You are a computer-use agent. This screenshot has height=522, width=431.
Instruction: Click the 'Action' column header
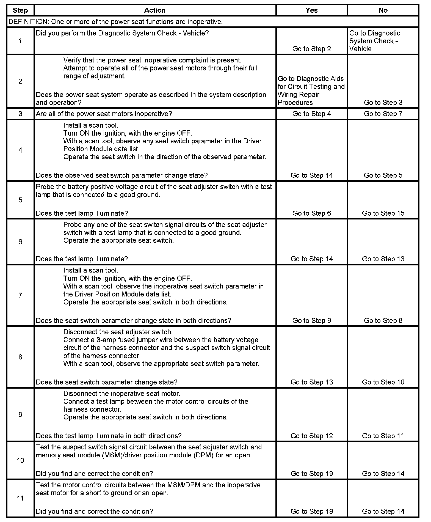click(155, 10)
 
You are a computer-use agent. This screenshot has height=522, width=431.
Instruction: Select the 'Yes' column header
click(311, 10)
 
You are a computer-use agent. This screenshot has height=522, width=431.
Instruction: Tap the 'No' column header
click(383, 10)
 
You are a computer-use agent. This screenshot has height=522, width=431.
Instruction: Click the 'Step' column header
click(20, 10)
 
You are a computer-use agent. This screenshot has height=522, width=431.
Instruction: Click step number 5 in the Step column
click(20, 200)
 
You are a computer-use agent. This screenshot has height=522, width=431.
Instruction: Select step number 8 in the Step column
click(20, 357)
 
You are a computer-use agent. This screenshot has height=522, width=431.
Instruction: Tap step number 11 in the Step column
click(20, 498)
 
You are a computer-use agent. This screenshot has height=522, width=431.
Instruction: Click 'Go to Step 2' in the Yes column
click(311, 49)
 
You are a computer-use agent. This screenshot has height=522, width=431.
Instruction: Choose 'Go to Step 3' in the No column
click(383, 103)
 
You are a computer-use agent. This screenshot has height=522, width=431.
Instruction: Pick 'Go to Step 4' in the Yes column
click(311, 114)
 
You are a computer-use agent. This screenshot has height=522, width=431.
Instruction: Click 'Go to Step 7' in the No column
click(383, 114)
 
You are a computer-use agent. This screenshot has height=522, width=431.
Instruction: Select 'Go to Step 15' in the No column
click(383, 213)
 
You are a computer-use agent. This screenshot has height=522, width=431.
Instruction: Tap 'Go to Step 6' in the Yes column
click(311, 213)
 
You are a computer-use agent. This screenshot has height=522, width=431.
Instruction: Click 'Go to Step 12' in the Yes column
click(311, 436)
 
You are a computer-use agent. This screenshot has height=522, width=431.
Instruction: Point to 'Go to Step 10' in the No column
click(383, 382)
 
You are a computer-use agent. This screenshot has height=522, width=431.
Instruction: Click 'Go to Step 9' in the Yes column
click(311, 321)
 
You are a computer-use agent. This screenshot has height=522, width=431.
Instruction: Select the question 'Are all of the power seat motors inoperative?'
click(104, 114)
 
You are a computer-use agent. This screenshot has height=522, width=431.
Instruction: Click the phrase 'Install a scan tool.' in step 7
click(90, 270)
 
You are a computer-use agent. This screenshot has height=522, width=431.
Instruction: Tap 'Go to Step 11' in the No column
click(383, 436)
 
